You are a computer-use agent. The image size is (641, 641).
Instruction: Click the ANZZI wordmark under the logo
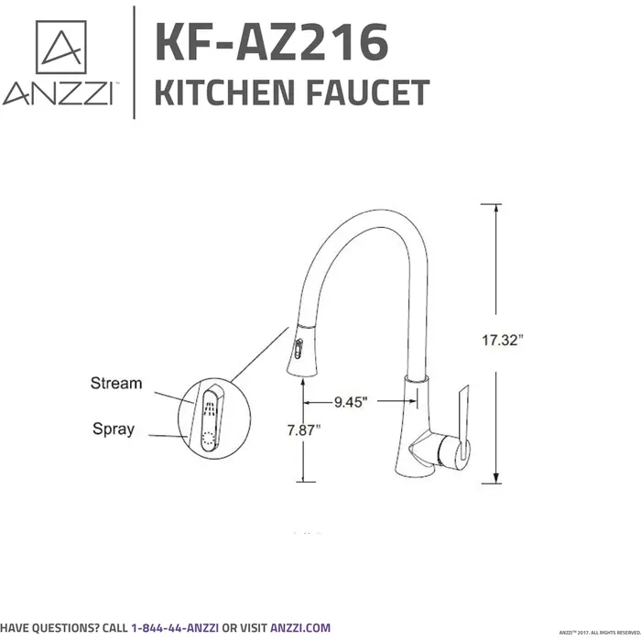click(x=59, y=94)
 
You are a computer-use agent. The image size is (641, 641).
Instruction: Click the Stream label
click(x=115, y=383)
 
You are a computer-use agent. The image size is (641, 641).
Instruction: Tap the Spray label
click(x=113, y=428)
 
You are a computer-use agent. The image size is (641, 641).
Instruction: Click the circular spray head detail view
click(x=209, y=417)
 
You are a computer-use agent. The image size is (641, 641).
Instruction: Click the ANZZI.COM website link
click(x=299, y=628)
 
